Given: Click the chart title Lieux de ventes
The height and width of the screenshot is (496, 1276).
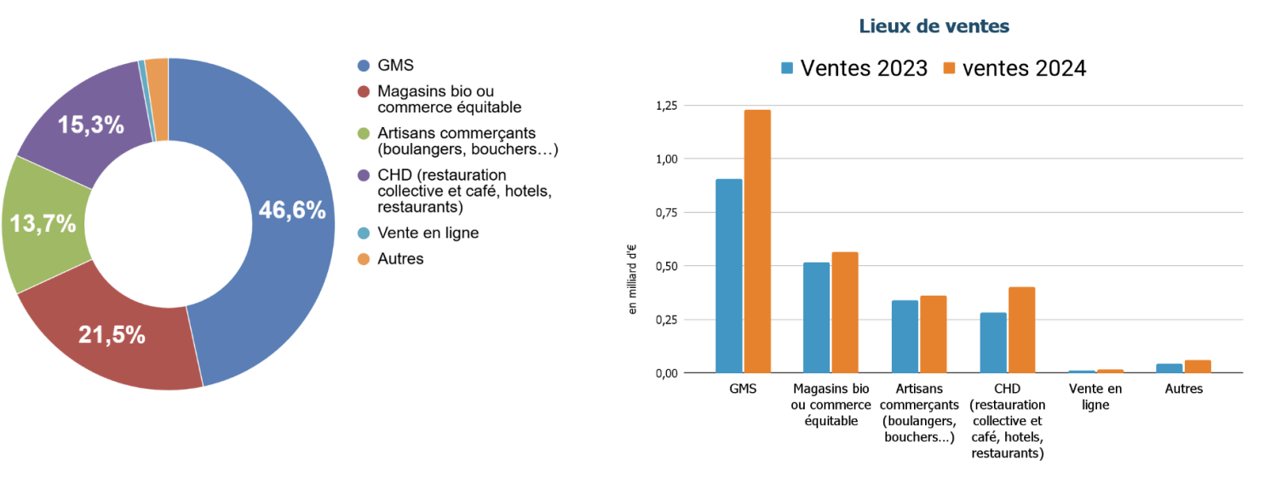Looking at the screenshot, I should [x=934, y=26].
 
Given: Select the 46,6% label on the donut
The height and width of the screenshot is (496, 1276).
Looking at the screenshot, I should [x=292, y=211].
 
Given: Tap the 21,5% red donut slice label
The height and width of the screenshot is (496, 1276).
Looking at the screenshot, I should [x=112, y=335].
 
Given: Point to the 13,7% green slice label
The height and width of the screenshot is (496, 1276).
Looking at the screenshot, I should [x=42, y=224].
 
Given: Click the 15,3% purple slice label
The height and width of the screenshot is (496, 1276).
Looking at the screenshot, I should [x=91, y=125].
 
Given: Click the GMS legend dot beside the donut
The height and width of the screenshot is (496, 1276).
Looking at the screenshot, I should [x=364, y=66].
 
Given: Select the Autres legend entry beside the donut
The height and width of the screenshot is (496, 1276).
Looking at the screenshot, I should [x=400, y=258].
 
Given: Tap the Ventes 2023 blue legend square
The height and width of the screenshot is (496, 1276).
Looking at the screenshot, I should [x=788, y=69].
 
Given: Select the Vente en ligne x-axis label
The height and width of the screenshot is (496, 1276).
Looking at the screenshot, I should [x=1095, y=396].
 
